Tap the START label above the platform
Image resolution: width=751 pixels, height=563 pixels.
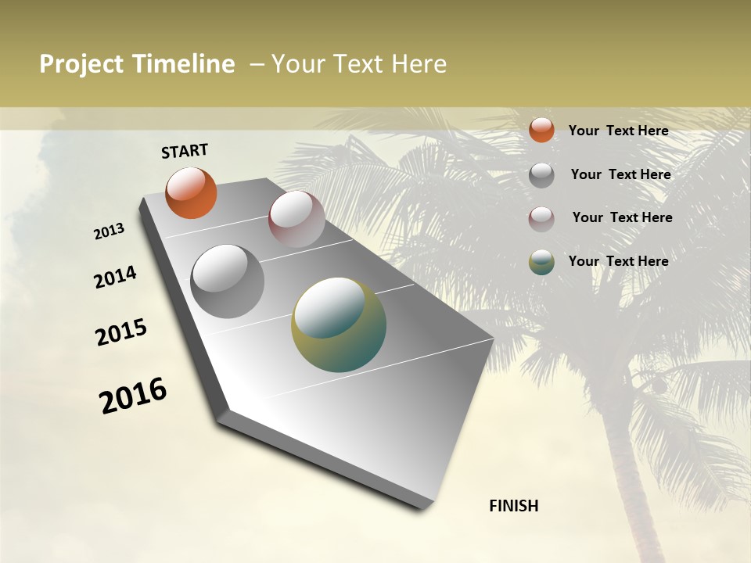tap(185, 151)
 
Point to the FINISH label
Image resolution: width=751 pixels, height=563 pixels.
tap(514, 506)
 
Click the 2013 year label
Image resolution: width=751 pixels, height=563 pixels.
tap(110, 231)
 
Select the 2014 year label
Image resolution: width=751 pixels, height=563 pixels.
tap(115, 277)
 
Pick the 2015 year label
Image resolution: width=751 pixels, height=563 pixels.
tap(121, 332)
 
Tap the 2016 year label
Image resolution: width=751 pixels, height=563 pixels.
tap(133, 396)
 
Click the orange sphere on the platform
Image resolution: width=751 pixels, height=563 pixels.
tap(192, 192)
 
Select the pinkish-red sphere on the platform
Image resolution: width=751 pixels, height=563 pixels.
tap(296, 219)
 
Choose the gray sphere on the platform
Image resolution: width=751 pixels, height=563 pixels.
tap(227, 281)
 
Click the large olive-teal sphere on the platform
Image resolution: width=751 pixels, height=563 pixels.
tap(339, 325)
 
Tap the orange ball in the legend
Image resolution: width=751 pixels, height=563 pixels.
tap(541, 130)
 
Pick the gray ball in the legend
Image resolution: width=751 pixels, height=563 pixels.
tap(541, 175)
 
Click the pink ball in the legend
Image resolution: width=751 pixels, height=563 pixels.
tap(541, 219)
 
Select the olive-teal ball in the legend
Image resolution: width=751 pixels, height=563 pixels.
tap(541, 263)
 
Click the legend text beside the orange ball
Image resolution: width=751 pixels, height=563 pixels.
tap(618, 131)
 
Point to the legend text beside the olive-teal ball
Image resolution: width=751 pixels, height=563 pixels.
tap(618, 261)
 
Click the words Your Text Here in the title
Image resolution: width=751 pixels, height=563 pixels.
tap(359, 65)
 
